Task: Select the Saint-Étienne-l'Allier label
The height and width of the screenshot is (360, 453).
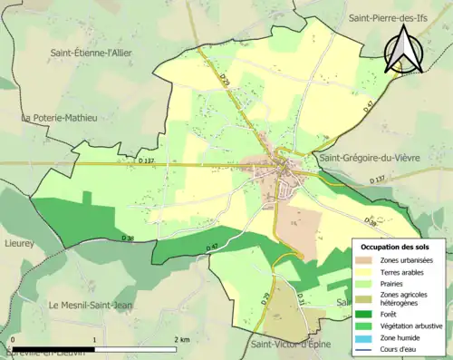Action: [92, 54]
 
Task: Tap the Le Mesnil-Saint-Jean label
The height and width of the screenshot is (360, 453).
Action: [91, 305]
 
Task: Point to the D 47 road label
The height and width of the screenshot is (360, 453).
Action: [212, 247]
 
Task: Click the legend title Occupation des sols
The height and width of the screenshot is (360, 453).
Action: [397, 247]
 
